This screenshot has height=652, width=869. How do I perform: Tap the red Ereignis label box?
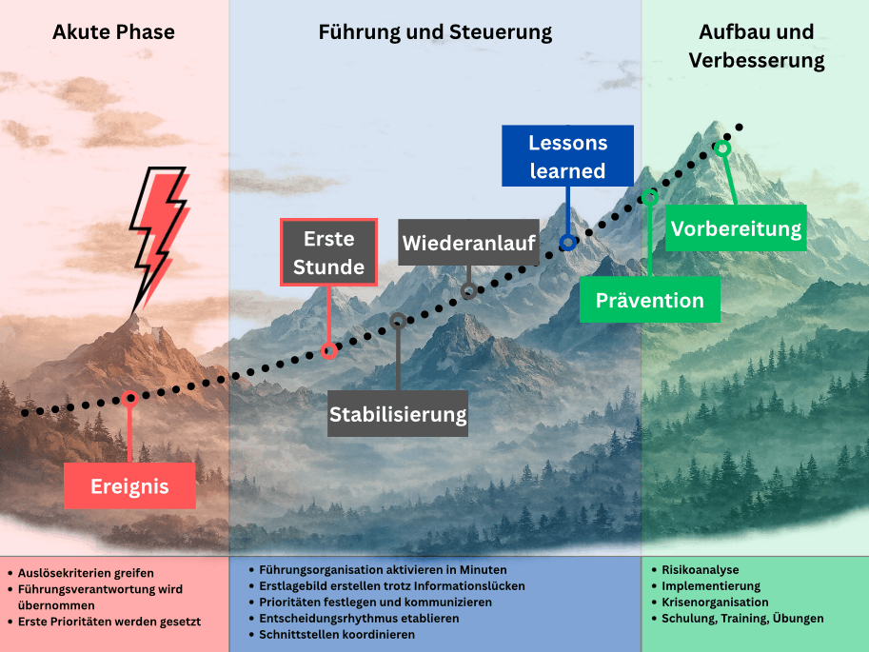(129, 485)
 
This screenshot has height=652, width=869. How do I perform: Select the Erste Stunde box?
(328, 252)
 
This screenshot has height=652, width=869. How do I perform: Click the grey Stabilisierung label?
(398, 414)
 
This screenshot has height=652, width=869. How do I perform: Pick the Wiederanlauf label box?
(468, 243)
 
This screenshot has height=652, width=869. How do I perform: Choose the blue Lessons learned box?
(567, 156)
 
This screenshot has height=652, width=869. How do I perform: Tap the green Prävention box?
(650, 300)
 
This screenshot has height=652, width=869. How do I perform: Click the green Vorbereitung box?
(736, 228)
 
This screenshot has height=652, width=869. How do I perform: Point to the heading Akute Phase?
(113, 32)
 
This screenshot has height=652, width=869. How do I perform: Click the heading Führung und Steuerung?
(435, 32)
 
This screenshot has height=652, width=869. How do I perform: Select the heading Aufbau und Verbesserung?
(756, 47)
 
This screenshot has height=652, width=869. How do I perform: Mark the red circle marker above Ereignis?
(130, 399)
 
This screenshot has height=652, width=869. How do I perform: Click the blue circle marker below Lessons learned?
(567, 243)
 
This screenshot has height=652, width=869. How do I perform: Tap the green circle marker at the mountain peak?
(722, 148)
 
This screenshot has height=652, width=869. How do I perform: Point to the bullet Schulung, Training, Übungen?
(742, 619)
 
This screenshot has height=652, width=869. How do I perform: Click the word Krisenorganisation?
(715, 603)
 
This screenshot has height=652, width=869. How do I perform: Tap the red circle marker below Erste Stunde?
(329, 351)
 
